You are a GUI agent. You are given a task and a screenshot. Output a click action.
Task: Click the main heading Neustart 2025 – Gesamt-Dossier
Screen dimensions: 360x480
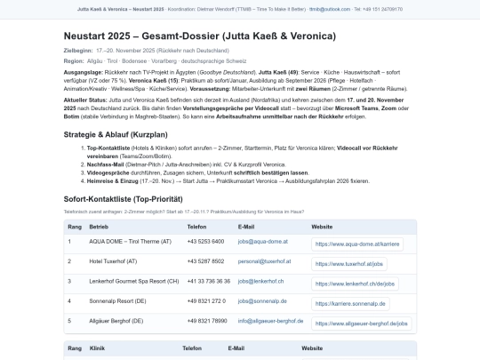pos(199,36)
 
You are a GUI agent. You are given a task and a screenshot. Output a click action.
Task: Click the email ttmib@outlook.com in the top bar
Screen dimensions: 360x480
pos(347,9)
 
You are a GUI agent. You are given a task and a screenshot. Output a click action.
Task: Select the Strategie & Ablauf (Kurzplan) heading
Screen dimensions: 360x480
pos(128,134)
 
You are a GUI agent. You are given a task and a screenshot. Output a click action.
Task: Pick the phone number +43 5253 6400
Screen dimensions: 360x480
pos(205,242)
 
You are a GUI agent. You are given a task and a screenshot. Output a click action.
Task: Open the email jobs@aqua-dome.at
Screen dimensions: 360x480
pos(263,242)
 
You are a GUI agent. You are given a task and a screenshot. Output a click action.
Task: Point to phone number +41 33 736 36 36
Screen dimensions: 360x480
pos(210,281)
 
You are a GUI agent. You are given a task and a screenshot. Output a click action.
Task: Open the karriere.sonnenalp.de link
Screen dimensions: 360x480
pos(354,303)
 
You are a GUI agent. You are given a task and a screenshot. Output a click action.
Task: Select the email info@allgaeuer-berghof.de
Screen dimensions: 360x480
pos(270,320)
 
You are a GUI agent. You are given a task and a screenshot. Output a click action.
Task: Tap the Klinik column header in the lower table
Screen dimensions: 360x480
pos(100,349)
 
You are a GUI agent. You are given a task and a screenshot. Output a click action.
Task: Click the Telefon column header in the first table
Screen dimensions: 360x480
pos(198,227)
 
